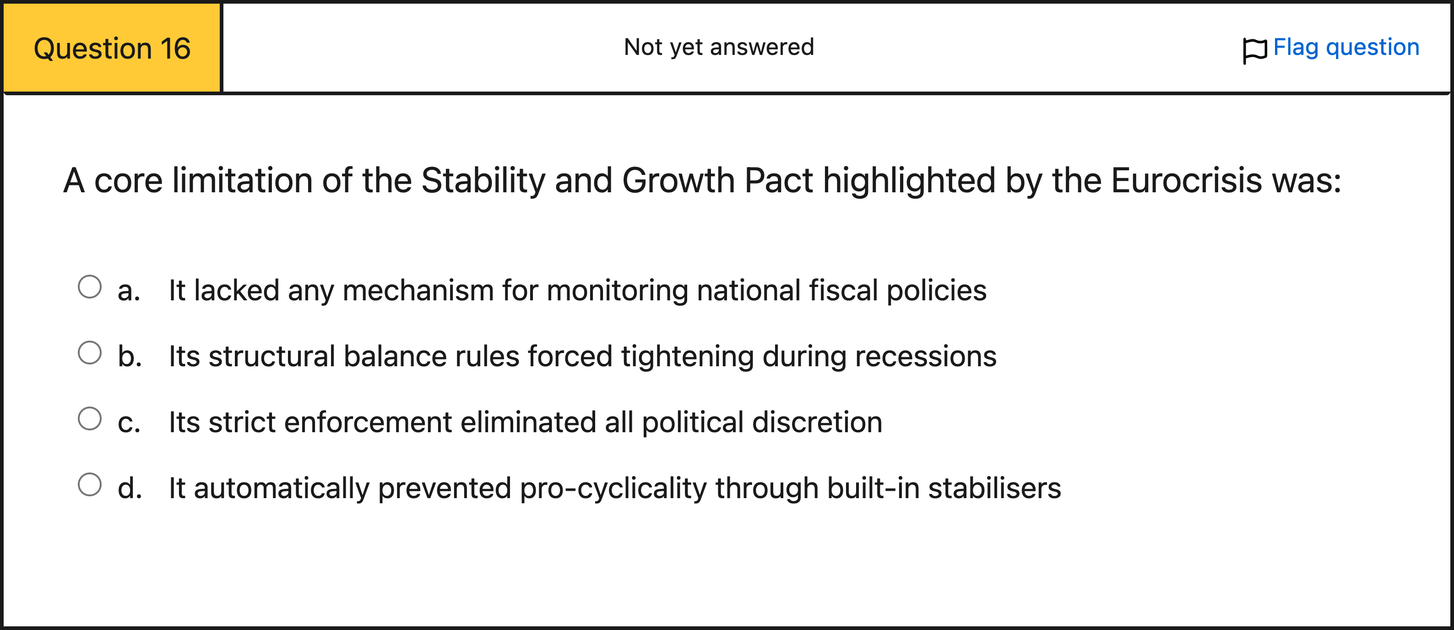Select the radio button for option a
(x=90, y=287)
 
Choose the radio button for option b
(x=90, y=353)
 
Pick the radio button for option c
(x=90, y=419)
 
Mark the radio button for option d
(x=90, y=484)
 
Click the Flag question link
(x=1346, y=47)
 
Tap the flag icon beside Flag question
(x=1255, y=50)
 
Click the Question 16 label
(x=112, y=49)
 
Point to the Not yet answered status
(x=719, y=47)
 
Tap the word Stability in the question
(x=483, y=181)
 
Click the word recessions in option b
(x=926, y=357)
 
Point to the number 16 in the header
(x=175, y=49)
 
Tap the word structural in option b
(x=272, y=357)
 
